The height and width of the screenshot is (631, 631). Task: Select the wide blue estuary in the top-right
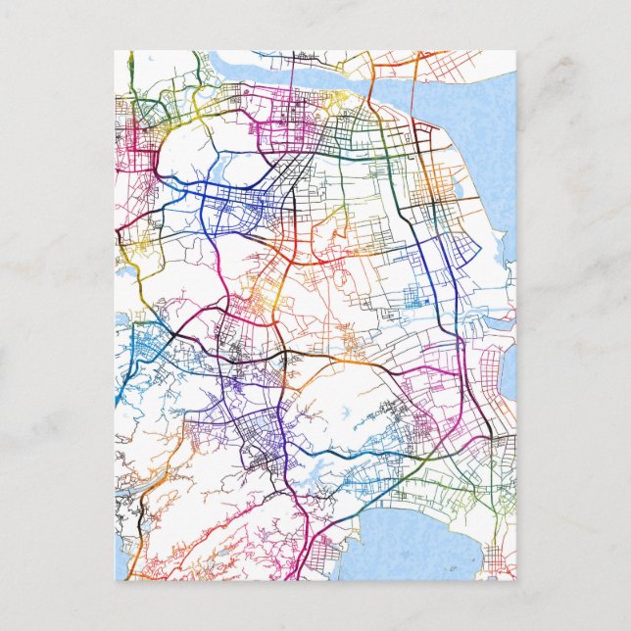click(x=461, y=108)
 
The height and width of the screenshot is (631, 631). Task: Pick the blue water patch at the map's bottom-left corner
click(x=121, y=568)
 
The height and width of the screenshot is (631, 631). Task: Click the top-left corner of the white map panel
click(x=116, y=52)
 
